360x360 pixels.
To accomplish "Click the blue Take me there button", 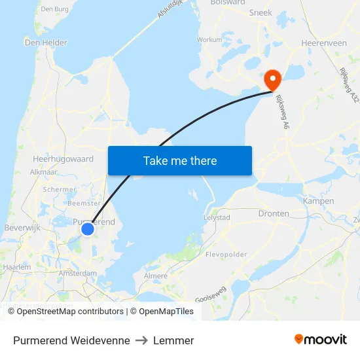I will pyautogui.click(x=180, y=160).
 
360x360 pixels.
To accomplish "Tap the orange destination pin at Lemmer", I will pyautogui.click(x=272, y=79).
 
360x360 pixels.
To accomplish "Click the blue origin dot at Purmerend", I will pyautogui.click(x=88, y=228).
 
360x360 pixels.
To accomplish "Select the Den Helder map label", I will pyautogui.click(x=45, y=43).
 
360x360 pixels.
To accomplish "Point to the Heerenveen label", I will pyautogui.click(x=324, y=43).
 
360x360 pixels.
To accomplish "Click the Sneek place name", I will pyautogui.click(x=261, y=12).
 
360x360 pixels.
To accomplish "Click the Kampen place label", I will pyautogui.click(x=319, y=201).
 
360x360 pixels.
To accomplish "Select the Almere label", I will pyautogui.click(x=155, y=276).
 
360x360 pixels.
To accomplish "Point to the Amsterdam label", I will pyautogui.click(x=77, y=274).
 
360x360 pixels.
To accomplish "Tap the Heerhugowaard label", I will pyautogui.click(x=63, y=159).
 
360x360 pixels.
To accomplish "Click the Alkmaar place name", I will pyautogui.click(x=44, y=172).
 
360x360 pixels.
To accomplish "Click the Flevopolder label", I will pyautogui.click(x=226, y=254).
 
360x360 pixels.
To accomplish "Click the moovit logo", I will pyautogui.click(x=321, y=340).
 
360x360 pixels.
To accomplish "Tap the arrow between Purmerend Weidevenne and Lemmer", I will pyautogui.click(x=141, y=340).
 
